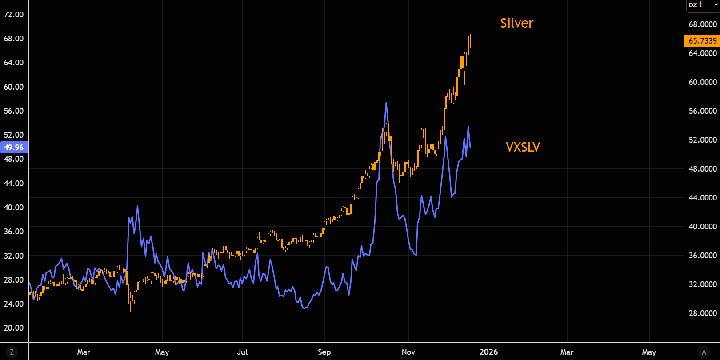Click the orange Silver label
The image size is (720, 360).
[516, 23]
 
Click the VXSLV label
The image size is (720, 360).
[523, 147]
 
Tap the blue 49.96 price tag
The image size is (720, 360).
[14, 148]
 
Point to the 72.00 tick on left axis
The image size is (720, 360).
[14, 15]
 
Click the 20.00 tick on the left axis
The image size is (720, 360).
[14, 328]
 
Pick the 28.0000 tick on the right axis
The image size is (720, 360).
[703, 313]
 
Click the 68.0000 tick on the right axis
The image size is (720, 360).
[703, 24]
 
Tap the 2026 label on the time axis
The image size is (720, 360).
[488, 352]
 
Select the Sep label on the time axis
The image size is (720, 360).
[324, 352]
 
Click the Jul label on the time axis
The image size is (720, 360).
[242, 352]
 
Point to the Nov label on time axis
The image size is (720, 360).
[408, 352]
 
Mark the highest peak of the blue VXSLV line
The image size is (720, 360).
[386, 103]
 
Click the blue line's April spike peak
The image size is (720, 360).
[137, 206]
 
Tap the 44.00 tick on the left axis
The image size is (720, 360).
[14, 184]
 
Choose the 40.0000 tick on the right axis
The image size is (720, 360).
[703, 227]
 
